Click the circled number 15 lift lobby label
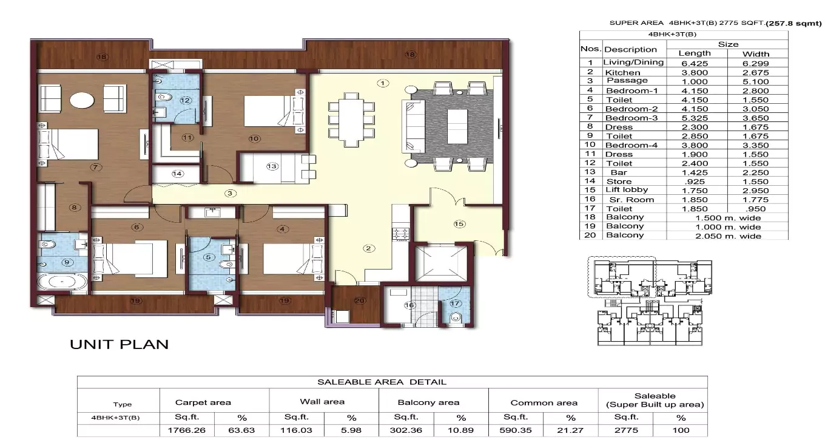459,224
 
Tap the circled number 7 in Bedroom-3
94,166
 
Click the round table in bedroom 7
81,100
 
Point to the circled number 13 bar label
271,166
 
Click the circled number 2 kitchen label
367,248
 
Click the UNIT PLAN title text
119,344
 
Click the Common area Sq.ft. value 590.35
516,430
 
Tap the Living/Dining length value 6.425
694,63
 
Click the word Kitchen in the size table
622,72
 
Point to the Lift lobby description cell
627,190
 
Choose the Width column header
756,53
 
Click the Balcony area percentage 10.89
461,430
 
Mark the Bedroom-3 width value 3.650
756,118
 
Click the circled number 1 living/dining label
382,83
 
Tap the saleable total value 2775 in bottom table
626,430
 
